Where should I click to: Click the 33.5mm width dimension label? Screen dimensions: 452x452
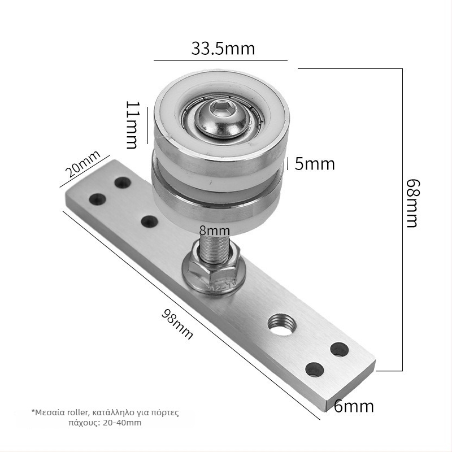pyautogui.click(x=223, y=49)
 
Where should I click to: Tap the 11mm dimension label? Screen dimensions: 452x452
pyautogui.click(x=132, y=125)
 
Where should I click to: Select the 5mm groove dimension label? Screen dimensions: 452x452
pyautogui.click(x=315, y=164)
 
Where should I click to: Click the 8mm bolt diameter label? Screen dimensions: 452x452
pyautogui.click(x=214, y=231)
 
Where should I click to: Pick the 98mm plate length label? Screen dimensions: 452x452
pyautogui.click(x=177, y=324)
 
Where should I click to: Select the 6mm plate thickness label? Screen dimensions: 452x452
pyautogui.click(x=354, y=406)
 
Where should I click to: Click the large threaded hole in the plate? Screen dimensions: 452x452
pyautogui.click(x=281, y=325)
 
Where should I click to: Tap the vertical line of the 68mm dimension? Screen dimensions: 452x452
pyautogui.click(x=402, y=220)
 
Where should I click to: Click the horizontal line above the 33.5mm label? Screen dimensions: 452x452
pyautogui.click(x=220, y=60)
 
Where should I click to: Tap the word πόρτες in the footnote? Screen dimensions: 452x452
pyautogui.click(x=166, y=412)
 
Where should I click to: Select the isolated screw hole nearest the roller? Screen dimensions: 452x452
pyautogui.click(x=149, y=221)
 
